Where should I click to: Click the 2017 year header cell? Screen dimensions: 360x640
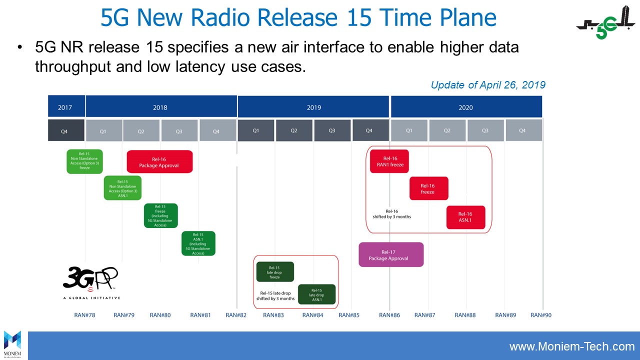[65, 107]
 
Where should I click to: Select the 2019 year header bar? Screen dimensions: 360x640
[313, 107]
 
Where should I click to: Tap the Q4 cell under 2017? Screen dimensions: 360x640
[65, 131]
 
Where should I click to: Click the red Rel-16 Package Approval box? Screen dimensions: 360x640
[159, 161]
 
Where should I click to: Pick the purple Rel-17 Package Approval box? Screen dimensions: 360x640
[390, 254]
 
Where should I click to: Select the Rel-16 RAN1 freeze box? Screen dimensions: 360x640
[389, 161]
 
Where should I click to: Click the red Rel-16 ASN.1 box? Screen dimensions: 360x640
[465, 217]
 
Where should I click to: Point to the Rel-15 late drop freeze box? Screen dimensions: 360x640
[274, 271]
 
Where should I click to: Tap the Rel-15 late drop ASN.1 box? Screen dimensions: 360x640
[317, 294]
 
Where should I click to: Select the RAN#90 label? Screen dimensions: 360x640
[540, 315]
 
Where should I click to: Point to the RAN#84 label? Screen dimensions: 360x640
[312, 315]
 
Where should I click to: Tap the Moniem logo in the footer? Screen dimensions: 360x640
[12, 344]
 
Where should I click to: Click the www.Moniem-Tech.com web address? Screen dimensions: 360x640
[571, 346]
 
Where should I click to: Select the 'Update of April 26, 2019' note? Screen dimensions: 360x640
[487, 85]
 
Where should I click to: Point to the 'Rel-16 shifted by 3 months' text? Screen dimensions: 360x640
[391, 214]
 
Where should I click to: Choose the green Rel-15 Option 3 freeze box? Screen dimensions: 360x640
[84, 161]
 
